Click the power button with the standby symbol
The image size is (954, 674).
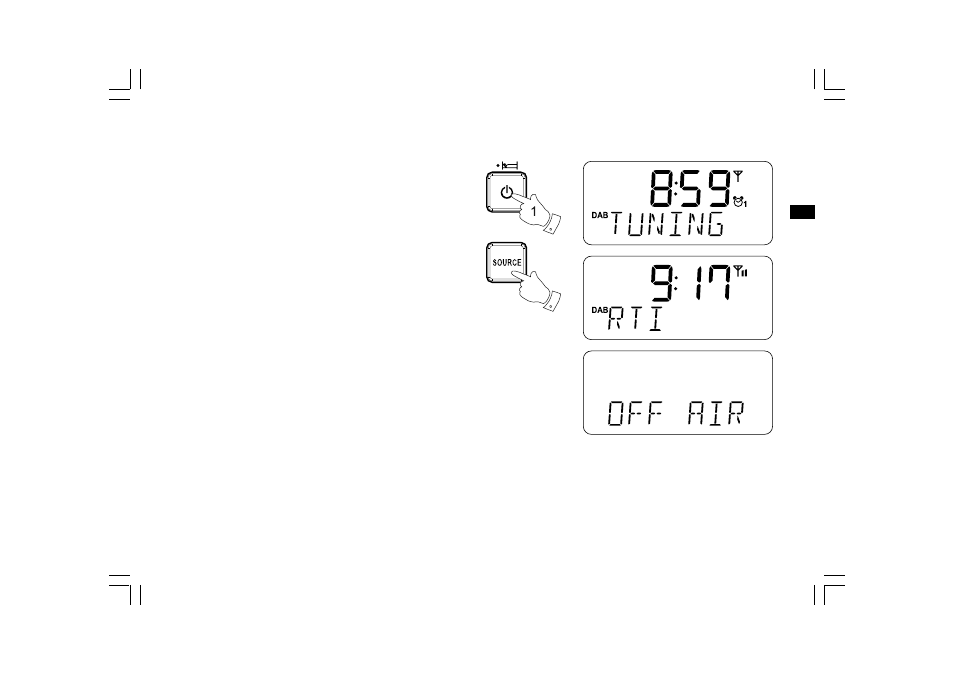pos(506,192)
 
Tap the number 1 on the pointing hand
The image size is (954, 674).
pos(534,212)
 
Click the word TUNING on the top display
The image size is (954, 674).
pos(667,224)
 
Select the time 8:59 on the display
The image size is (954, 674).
pos(690,188)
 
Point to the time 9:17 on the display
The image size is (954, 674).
pos(691,282)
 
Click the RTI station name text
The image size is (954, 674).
pos(635,318)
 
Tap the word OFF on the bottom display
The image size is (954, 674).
pos(635,413)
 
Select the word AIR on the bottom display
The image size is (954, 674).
pos(716,413)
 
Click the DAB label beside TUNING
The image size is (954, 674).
pos(599,215)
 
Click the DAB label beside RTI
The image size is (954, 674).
pos(599,310)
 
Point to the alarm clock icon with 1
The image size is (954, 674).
pos(740,202)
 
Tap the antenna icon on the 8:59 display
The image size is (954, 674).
pos(738,176)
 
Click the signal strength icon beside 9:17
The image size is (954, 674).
pos(740,271)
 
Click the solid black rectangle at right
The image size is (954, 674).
pos(803,212)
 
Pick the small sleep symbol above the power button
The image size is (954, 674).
pos(507,165)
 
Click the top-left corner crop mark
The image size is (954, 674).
pos(125,85)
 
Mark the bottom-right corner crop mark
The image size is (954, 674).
pos(829,589)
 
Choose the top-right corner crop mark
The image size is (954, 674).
pos(829,85)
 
